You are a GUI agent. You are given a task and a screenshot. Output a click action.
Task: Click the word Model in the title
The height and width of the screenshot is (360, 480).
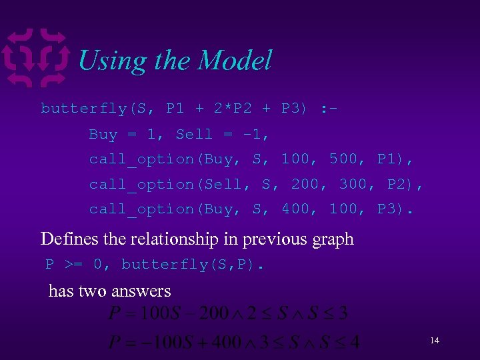(x=235, y=61)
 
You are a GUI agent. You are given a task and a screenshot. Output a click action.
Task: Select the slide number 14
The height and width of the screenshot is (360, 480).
(x=435, y=341)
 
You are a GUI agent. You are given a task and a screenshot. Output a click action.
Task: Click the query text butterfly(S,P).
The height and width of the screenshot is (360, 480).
(x=193, y=265)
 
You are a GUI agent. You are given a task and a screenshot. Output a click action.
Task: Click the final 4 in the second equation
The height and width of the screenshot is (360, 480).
(x=354, y=343)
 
